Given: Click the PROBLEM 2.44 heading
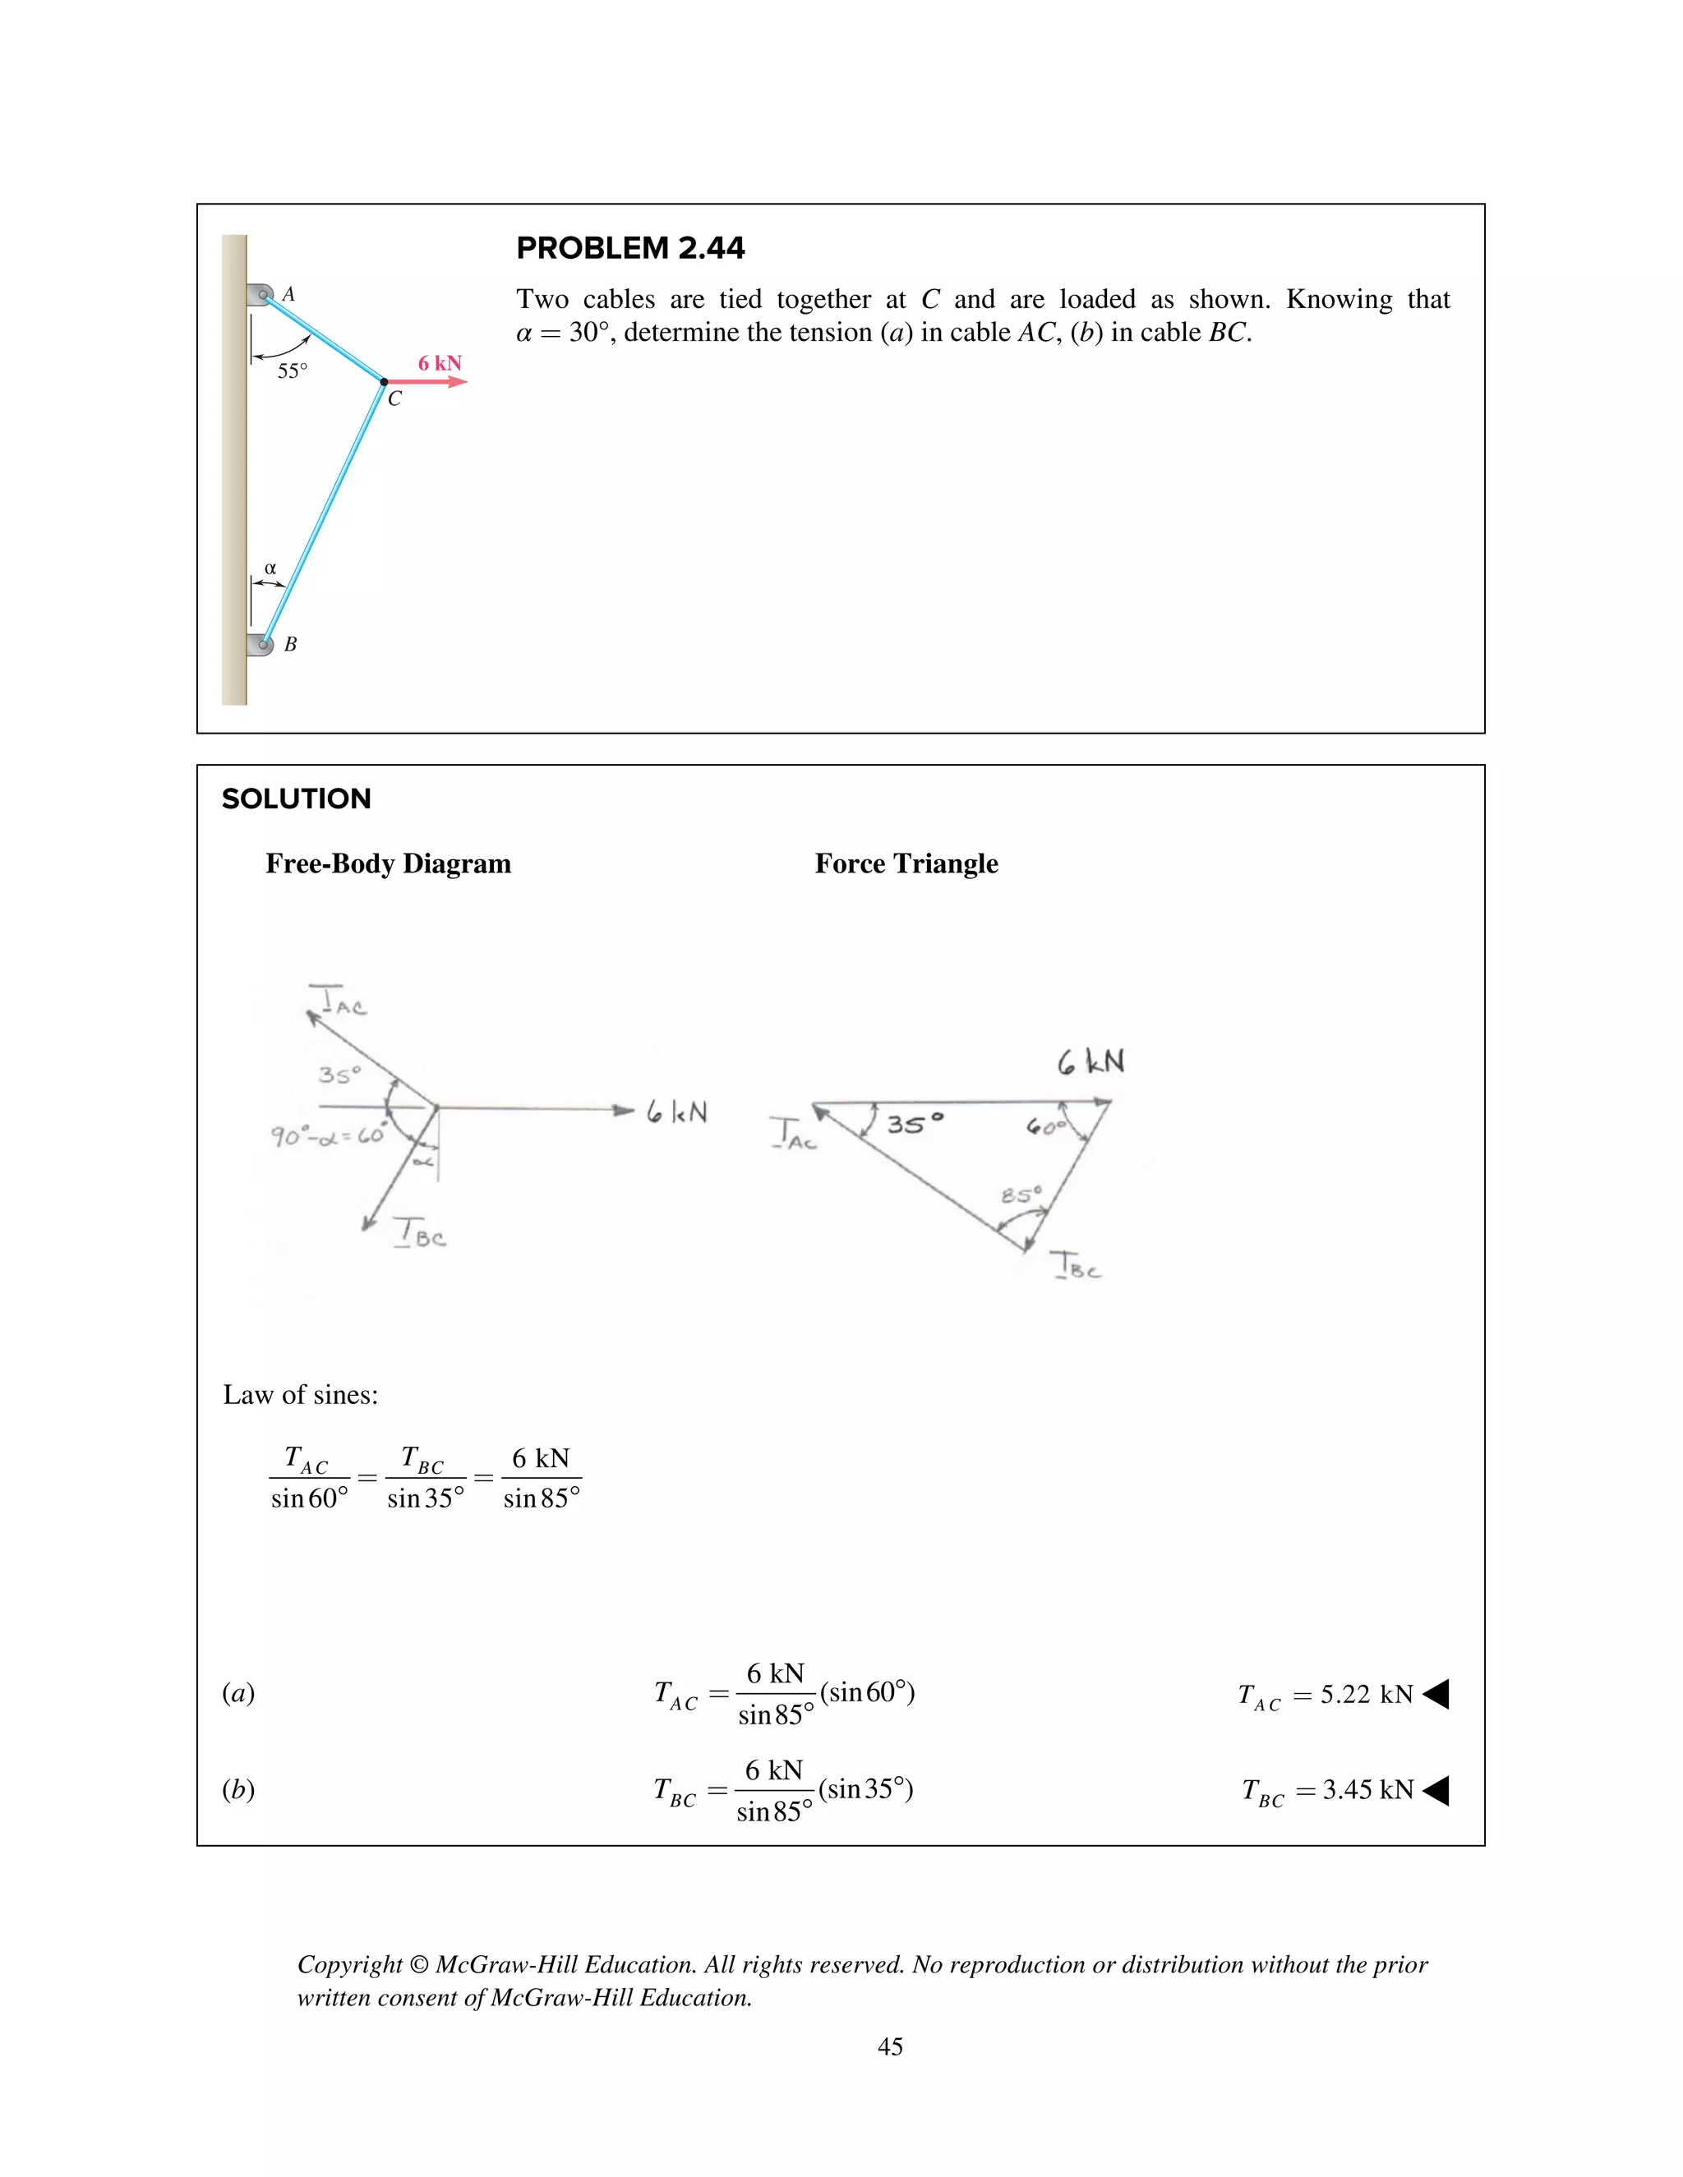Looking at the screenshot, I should tap(630, 248).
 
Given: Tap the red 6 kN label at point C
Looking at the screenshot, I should tap(440, 363).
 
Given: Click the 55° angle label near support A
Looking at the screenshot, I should tap(292, 371).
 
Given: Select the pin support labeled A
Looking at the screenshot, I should tap(261, 294).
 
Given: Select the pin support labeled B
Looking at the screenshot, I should tap(261, 644).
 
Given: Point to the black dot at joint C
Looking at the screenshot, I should tap(384, 382).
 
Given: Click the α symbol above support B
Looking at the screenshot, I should tap(270, 568).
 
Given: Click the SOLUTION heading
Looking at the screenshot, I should tap(296, 799).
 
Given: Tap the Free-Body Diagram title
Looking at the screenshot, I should tap(388, 863).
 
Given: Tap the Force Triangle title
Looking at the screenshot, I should tap(906, 863).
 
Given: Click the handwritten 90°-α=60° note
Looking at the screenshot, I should tap(327, 1135).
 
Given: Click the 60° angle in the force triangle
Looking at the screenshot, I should tap(1045, 1126).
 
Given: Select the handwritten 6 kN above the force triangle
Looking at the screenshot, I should tap(1090, 1061).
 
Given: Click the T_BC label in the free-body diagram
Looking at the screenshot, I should tap(420, 1234).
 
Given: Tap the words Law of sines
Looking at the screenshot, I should tap(300, 1395).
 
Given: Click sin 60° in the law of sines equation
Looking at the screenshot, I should tap(309, 1498).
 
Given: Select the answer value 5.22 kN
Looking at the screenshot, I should tap(1366, 1695).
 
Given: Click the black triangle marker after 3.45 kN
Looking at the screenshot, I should tap(1436, 1790).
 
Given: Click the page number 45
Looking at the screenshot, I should tap(889, 2046).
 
